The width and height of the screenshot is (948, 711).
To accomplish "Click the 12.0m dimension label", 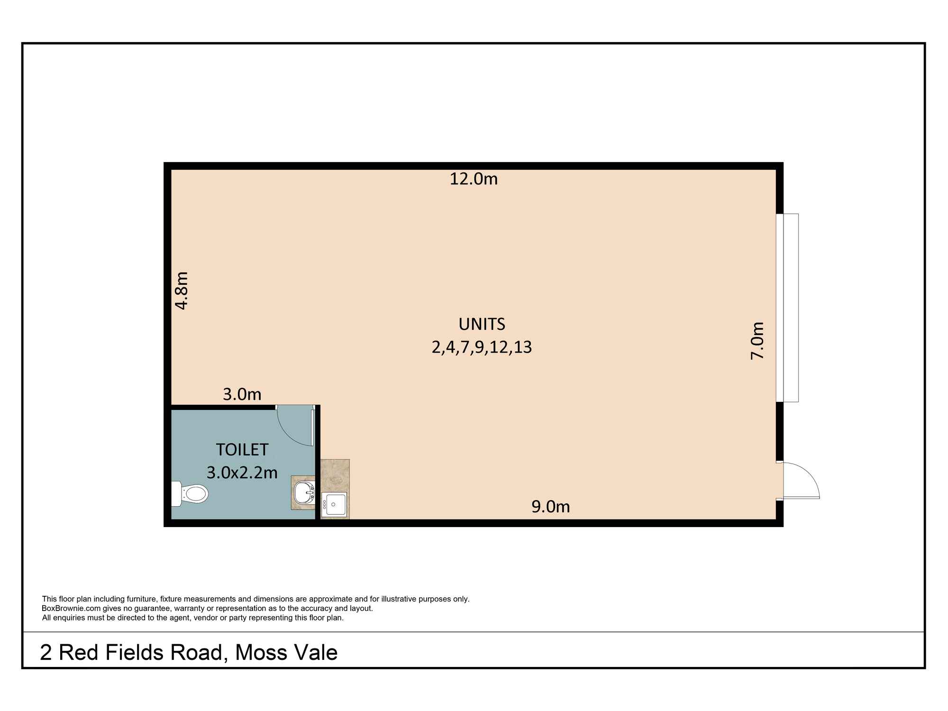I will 474,179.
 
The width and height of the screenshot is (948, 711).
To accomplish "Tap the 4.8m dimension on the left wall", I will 182,290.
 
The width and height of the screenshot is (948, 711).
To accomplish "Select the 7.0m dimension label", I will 757,340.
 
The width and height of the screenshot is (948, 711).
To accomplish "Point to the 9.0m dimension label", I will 550,507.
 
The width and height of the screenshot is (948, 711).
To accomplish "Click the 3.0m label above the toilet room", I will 242,394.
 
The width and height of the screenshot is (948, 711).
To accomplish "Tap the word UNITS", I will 482,324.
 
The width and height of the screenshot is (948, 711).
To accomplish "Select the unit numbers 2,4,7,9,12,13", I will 482,347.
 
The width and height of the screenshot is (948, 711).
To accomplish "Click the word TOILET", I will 242,449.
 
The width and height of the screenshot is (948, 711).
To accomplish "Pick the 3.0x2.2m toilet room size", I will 242,473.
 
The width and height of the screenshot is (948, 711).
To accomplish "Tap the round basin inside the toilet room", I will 303,493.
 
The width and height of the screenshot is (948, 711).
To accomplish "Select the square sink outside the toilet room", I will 334,504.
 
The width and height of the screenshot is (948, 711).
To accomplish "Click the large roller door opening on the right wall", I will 787,308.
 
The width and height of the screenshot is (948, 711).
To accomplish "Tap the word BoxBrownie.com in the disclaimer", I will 64,609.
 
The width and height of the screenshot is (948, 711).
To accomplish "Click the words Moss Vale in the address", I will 286,653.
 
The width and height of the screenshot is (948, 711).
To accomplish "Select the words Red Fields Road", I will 140,653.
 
